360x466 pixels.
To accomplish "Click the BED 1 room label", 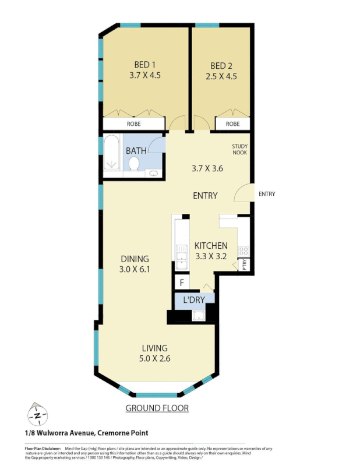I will [x=144, y=65].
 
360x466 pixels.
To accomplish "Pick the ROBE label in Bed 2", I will [x=232, y=124].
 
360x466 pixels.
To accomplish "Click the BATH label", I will [x=136, y=151].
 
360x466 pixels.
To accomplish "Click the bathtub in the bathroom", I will [x=112, y=153].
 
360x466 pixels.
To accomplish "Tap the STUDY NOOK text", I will [x=240, y=150].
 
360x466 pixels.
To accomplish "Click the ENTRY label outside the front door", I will [x=266, y=194].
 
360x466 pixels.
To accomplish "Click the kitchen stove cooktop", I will [x=243, y=252].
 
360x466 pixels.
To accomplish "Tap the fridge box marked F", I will [x=182, y=284].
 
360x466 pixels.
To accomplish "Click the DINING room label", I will [x=135, y=259].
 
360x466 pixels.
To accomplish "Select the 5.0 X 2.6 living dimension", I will [x=154, y=358].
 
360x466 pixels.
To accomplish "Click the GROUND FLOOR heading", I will [x=157, y=408].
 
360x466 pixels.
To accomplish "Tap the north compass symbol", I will [x=37, y=415].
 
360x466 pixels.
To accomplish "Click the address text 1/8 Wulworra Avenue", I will [x=86, y=433].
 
